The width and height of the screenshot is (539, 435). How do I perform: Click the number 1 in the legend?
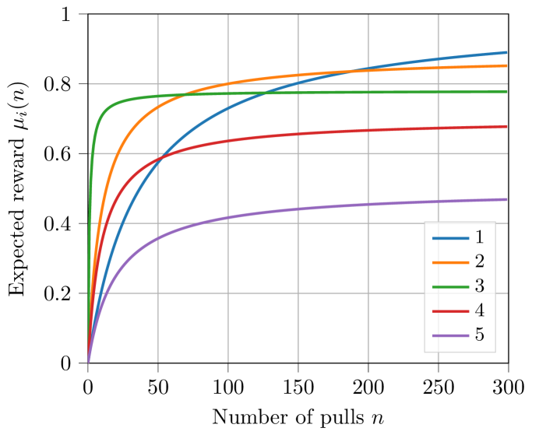[479, 237]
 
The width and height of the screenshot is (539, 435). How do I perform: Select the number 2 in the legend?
[479, 261]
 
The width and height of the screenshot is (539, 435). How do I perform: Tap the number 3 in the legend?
[479, 286]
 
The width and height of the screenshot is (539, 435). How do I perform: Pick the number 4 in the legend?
[479, 310]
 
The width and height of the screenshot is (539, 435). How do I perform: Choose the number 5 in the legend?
[479, 335]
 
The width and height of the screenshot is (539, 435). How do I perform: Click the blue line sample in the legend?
[450, 237]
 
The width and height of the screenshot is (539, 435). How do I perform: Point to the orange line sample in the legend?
[450, 262]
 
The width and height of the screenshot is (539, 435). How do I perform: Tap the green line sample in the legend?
[450, 286]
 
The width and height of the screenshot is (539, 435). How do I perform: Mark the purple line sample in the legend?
[450, 335]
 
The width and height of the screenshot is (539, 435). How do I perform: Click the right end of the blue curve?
[507, 53]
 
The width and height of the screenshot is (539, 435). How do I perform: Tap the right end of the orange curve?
[507, 65]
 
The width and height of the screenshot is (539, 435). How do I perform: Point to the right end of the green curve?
[507, 92]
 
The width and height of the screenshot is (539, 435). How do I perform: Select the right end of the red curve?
[507, 126]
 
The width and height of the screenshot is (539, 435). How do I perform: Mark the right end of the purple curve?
[507, 199]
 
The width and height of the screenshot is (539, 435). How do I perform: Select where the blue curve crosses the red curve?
[159, 160]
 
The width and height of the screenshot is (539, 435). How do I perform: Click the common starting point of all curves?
[88, 363]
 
